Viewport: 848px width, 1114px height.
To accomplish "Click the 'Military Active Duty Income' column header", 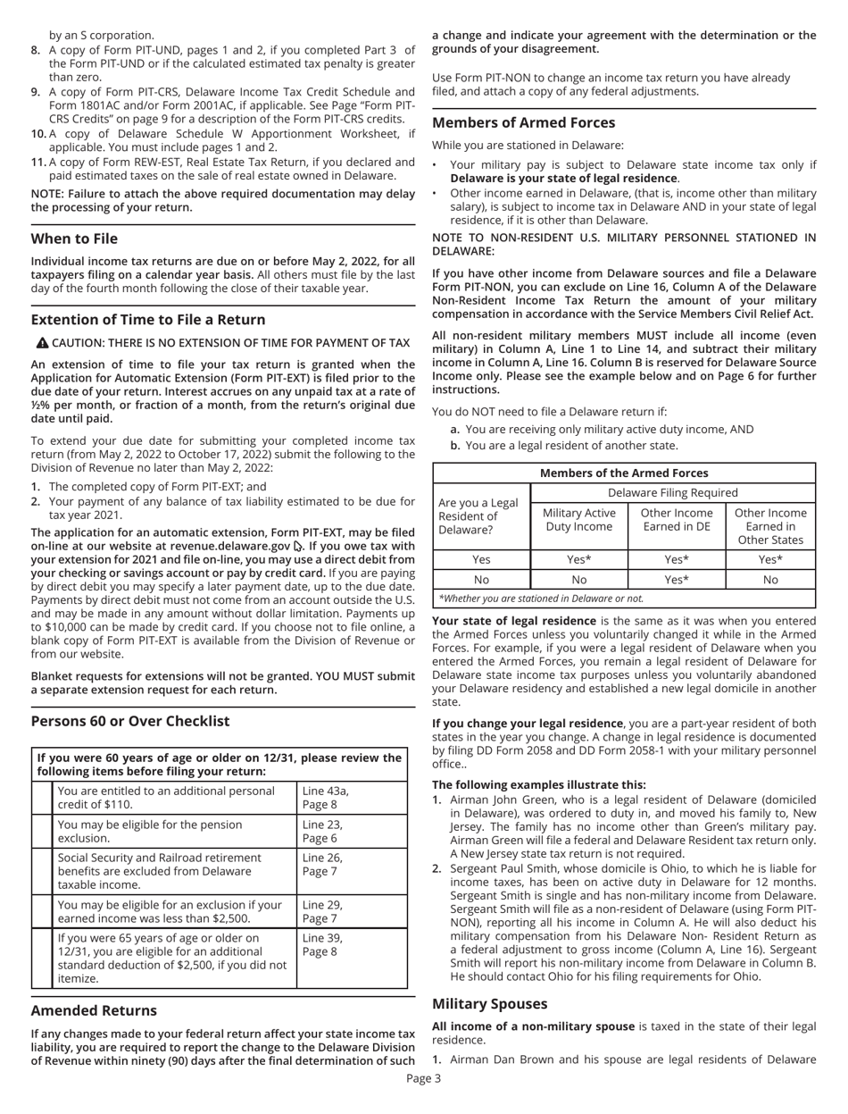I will [x=580, y=521].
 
